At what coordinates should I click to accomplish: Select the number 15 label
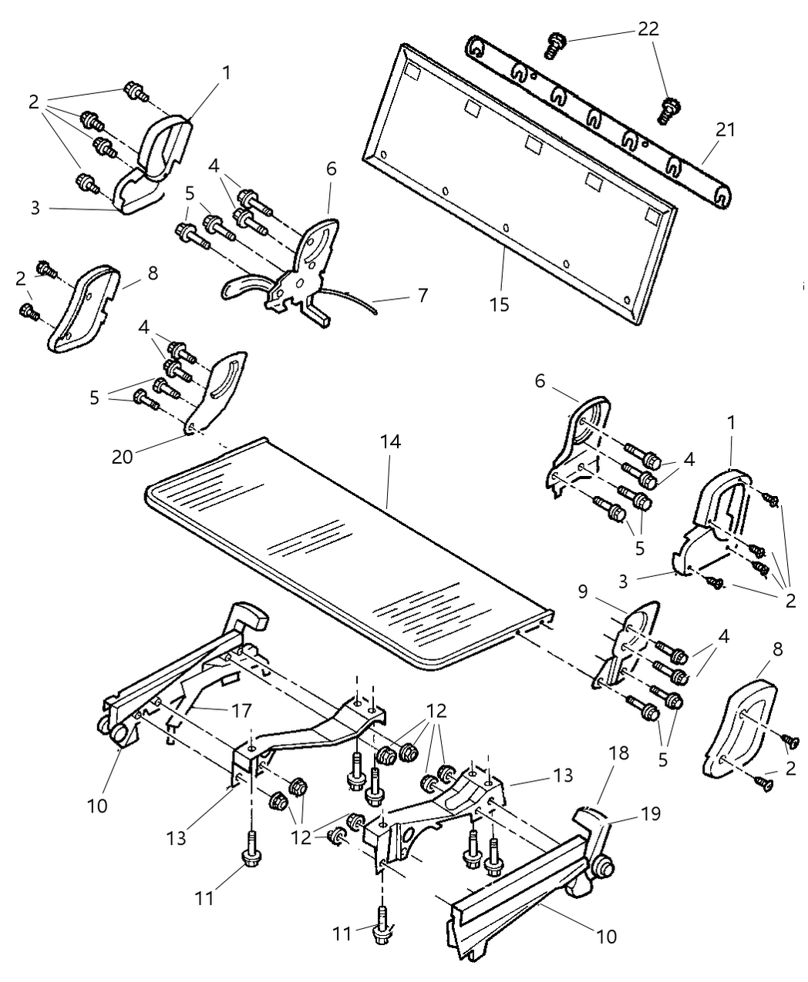point(499,304)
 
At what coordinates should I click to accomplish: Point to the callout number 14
point(390,442)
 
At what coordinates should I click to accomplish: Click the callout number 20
point(123,456)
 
